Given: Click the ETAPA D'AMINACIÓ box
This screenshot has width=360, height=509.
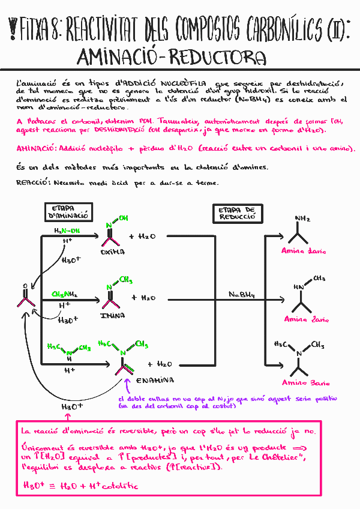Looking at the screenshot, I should (68, 212).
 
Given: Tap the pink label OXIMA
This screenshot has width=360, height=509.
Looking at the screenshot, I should (112, 253).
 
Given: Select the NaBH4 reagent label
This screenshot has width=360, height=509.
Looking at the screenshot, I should (242, 295).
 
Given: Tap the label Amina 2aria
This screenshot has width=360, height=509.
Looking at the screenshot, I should (306, 319).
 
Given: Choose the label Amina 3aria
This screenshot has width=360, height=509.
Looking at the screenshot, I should (306, 382).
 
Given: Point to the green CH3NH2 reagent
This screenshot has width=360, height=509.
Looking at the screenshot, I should (64, 295).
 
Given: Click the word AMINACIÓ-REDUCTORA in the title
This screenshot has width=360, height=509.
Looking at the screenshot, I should (172, 58).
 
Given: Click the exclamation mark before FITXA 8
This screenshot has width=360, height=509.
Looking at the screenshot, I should (13, 27).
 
